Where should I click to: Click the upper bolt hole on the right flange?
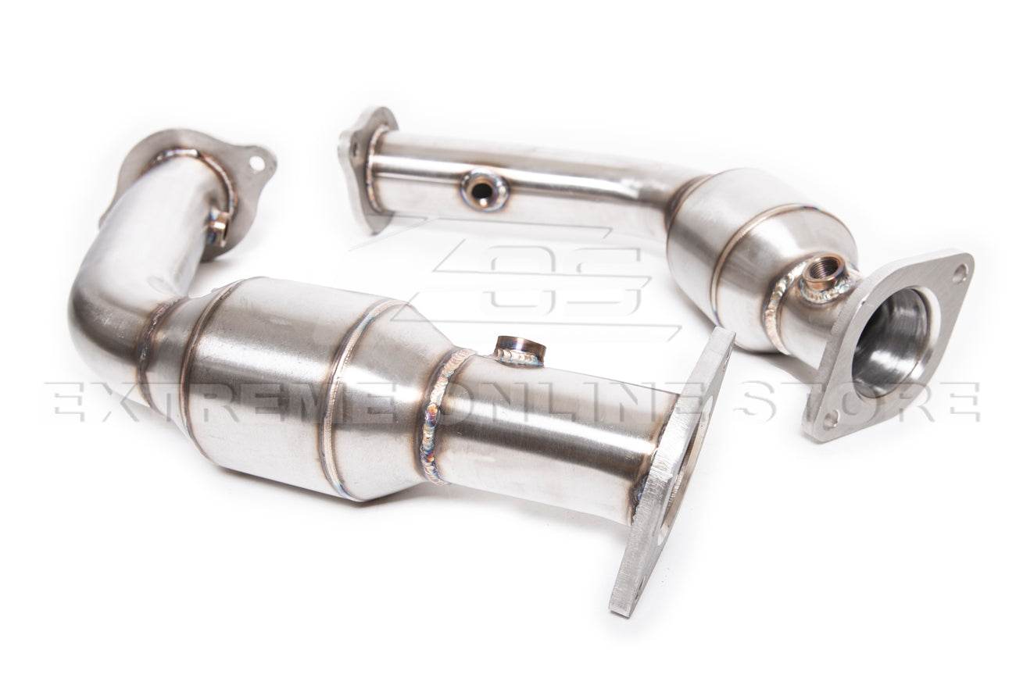959,271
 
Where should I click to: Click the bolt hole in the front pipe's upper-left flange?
256,164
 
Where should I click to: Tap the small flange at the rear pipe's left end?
361,164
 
